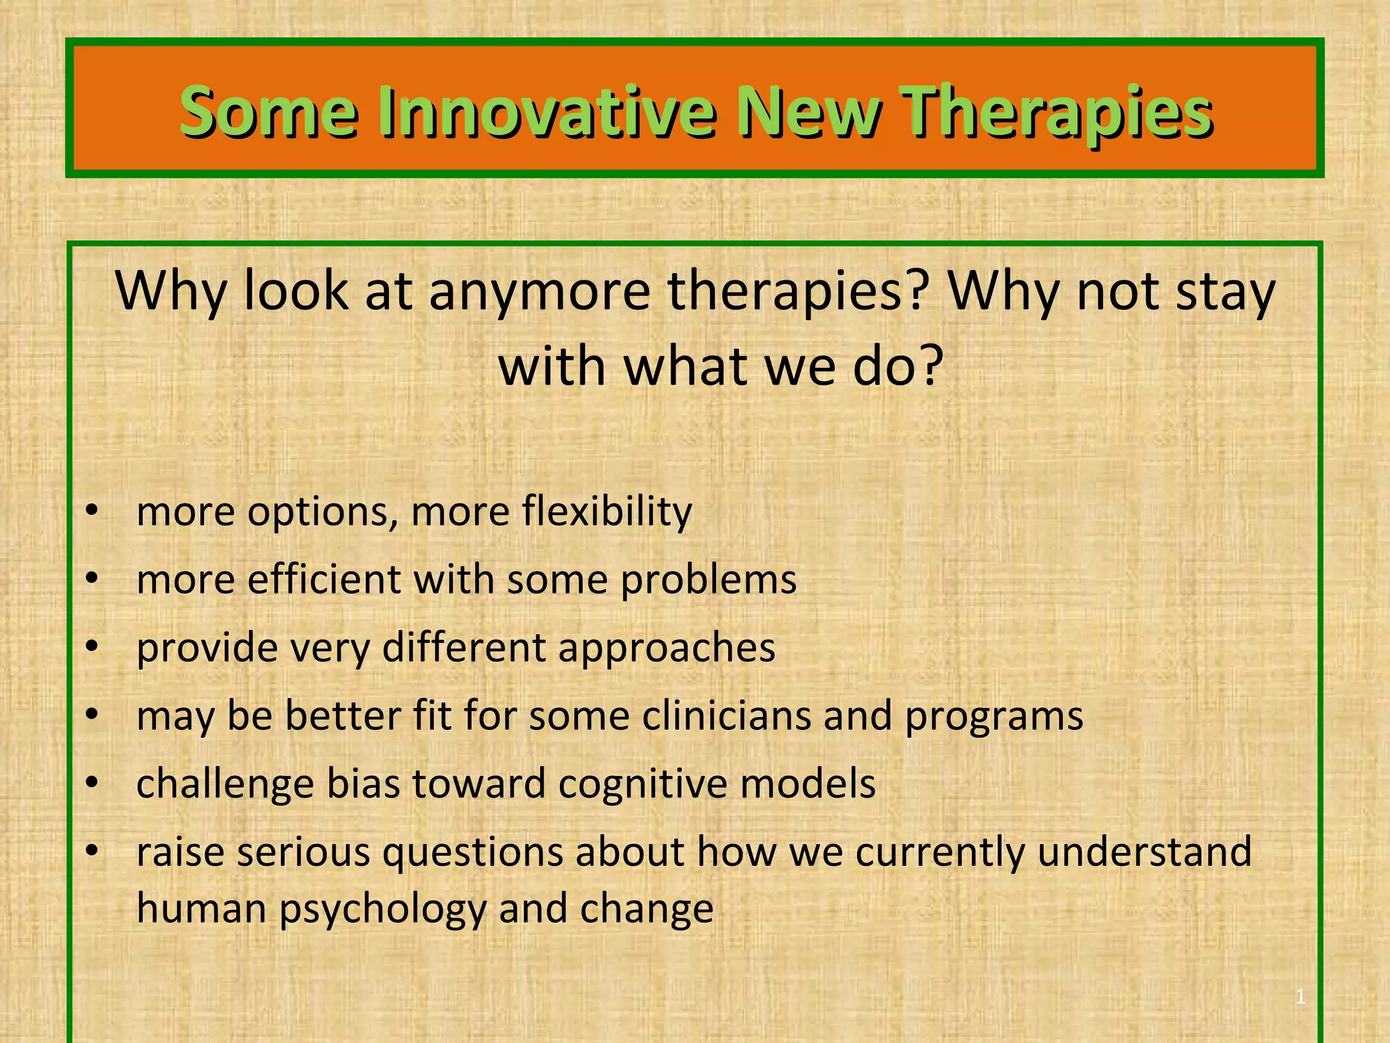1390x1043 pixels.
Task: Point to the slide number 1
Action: coord(1300,997)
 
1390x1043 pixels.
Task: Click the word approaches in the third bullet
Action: coord(666,647)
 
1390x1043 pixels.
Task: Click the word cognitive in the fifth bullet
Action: coord(643,784)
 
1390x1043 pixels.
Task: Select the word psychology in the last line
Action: coord(383,910)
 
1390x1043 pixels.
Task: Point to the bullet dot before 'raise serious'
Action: coord(92,850)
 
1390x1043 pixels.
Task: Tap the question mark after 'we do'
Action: coord(928,365)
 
